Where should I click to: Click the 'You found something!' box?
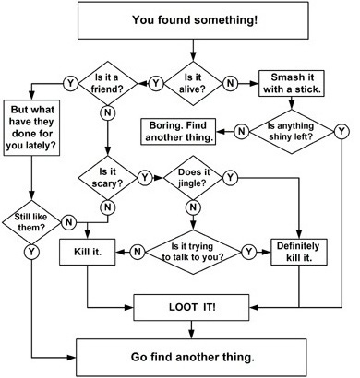193,20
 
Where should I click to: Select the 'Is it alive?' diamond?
193,83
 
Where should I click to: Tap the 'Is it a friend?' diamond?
107,83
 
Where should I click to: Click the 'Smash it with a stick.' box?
292,83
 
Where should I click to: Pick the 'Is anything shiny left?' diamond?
291,132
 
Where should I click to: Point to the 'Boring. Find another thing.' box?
178,132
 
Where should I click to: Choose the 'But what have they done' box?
31,127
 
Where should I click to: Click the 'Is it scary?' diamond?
107,178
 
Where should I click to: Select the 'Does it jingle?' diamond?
193,178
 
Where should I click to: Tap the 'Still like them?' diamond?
31,222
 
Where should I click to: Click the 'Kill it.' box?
88,252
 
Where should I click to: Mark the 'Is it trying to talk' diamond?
193,252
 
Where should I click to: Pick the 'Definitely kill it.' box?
299,252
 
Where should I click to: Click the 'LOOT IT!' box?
191,307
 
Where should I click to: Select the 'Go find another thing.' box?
191,358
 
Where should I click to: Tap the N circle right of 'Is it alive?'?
230,83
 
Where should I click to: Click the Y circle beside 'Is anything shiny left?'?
342,132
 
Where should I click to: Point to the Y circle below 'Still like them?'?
31,252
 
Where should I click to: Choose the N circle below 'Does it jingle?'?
193,207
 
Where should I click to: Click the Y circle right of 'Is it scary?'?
145,178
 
